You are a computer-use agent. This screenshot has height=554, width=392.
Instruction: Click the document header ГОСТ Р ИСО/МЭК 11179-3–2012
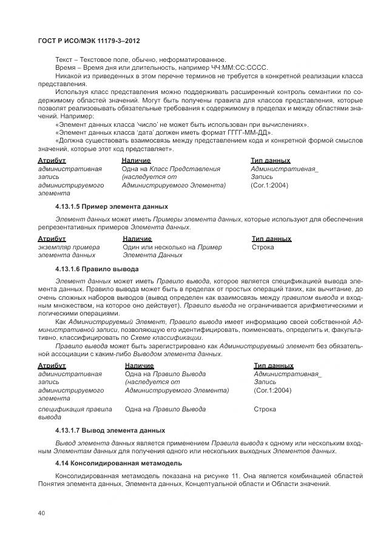click(x=85, y=40)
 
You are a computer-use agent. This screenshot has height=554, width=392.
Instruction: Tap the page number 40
click(x=41, y=513)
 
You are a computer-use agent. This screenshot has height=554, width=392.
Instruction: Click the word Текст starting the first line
click(x=63, y=59)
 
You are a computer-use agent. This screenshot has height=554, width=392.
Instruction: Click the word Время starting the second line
click(x=65, y=68)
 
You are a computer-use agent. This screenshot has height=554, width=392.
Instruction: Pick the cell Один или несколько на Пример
click(x=172, y=247)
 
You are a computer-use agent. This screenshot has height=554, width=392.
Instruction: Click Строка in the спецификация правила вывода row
click(x=265, y=410)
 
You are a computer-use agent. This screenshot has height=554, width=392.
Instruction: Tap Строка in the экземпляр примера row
click(x=263, y=247)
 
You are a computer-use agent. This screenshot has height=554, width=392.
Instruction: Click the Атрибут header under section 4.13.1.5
click(x=52, y=238)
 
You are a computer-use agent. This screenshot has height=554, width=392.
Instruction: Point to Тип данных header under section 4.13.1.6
click(x=273, y=365)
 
